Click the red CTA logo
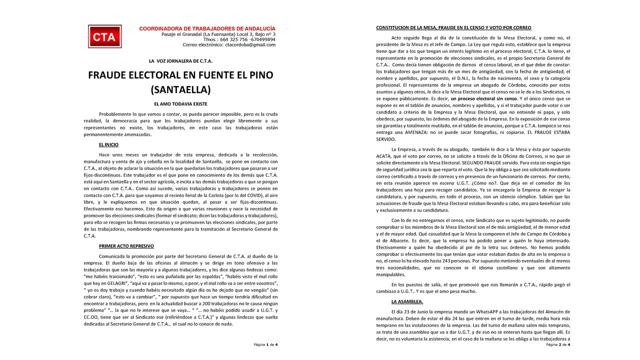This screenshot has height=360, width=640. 104,37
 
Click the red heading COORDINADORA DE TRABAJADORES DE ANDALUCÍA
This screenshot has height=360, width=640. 207,28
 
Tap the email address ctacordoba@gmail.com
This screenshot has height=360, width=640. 250,45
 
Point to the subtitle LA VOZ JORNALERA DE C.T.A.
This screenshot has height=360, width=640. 180,61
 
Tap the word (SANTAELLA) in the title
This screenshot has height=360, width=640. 180,90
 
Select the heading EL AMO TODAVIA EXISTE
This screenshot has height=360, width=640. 180,103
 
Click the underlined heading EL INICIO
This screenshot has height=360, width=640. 108,144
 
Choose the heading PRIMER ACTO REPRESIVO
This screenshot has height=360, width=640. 126,246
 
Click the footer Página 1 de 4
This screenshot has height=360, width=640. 265,344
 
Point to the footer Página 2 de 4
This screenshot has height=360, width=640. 557,344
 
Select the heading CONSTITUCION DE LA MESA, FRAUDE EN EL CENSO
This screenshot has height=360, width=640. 453,27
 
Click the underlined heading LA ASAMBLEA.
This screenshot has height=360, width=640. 407,301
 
